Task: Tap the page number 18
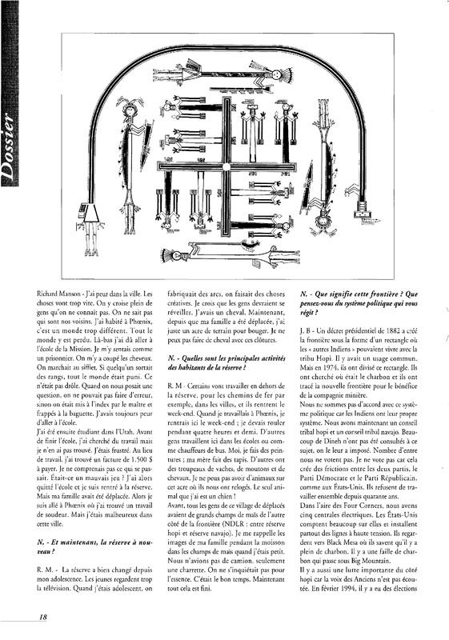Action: (43, 617)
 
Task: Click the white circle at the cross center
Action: (226, 166)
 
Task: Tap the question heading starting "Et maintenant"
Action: (94, 547)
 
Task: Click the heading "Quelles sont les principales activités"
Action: (227, 362)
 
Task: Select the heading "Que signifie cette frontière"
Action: (359, 303)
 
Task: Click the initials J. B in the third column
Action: (306, 330)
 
